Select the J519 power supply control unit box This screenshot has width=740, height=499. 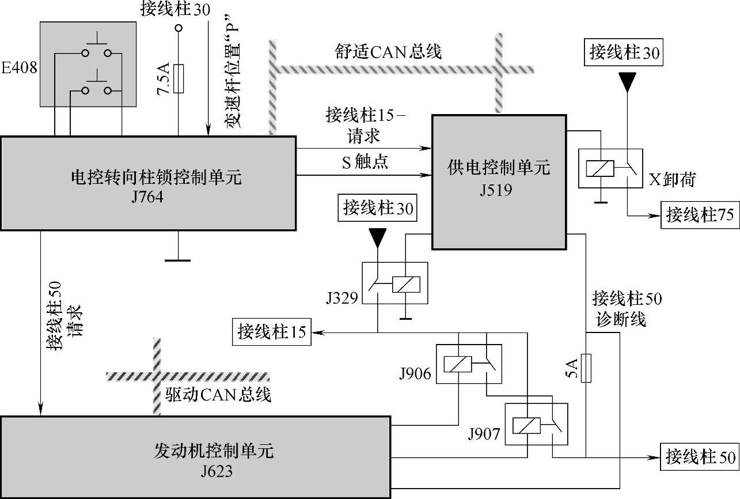coord(499,182)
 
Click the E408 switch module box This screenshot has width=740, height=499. coord(88,64)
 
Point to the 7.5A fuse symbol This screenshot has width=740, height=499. coord(179,78)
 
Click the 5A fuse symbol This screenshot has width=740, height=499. coord(586,368)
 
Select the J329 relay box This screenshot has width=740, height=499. coord(394,283)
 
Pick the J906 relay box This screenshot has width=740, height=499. coord(468,363)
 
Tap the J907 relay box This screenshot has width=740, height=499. coord(536,424)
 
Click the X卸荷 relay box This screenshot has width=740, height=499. coord(610,168)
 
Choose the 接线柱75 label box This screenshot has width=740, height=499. coord(699,216)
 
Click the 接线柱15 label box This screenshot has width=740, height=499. coord(272,332)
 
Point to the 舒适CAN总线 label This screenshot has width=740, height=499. coord(388,52)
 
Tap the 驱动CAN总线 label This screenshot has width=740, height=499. coord(218,395)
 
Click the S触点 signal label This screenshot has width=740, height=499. coord(365,162)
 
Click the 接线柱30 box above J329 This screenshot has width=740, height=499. coord(378,207)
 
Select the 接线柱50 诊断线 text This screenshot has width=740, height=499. coord(627,309)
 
